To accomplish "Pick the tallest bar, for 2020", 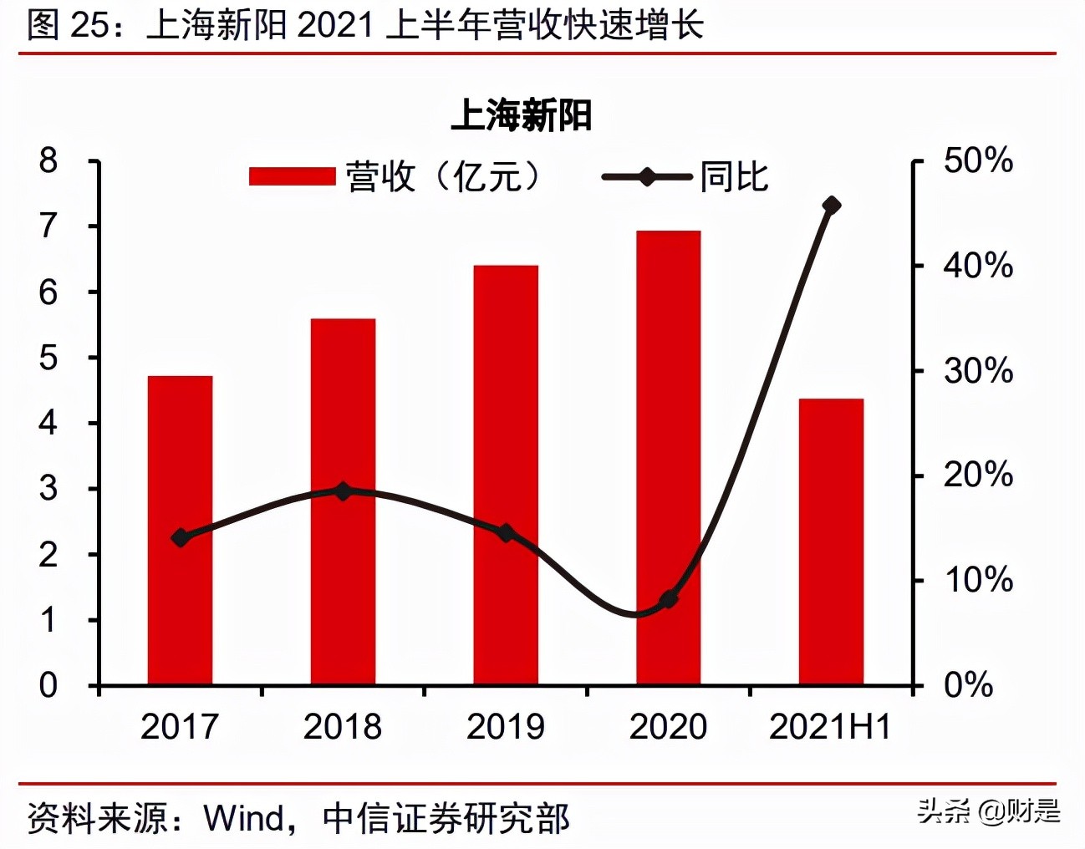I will click(x=668, y=418).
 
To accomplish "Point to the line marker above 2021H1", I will click(x=831, y=205).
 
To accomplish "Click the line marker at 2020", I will click(x=668, y=599).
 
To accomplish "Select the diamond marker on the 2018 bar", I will click(x=343, y=491).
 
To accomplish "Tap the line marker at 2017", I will click(x=180, y=537).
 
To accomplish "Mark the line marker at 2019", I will click(x=506, y=532).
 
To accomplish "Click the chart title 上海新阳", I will click(x=522, y=115).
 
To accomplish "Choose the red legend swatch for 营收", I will click(x=292, y=177).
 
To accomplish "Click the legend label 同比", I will click(x=734, y=177).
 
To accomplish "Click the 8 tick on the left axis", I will click(x=48, y=160).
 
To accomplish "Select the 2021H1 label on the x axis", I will click(x=830, y=727).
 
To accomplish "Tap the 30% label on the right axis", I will click(x=978, y=371).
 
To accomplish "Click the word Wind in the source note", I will click(x=243, y=819).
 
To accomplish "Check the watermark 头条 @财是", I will click(x=988, y=811).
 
